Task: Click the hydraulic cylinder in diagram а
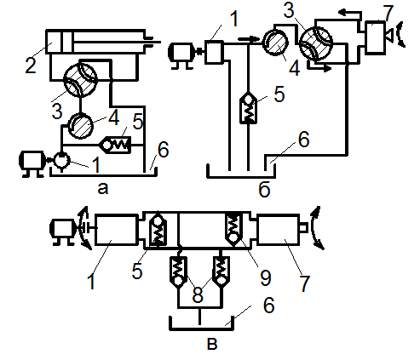click(96, 42)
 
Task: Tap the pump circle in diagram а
click(62, 160)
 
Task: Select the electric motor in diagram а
click(32, 164)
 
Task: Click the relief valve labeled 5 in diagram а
click(115, 145)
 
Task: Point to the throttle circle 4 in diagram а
click(81, 126)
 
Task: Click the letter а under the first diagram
click(103, 188)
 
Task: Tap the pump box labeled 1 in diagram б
click(214, 52)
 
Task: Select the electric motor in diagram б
click(182, 55)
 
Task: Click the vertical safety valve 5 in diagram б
click(248, 108)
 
